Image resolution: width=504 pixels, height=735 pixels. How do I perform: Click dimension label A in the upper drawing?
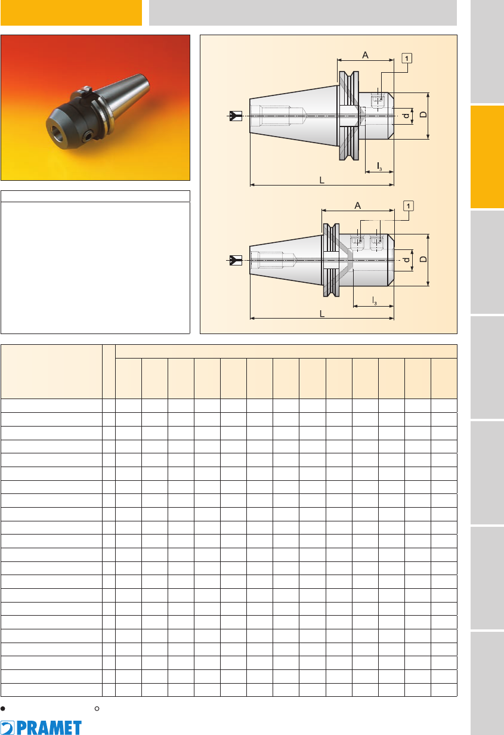point(365,55)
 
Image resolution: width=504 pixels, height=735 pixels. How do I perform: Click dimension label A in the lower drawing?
point(358,206)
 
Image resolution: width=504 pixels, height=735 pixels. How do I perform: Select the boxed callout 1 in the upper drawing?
point(407,58)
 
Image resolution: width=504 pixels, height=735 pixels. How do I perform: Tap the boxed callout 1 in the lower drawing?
point(408,206)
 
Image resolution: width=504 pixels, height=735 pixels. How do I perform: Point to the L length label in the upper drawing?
point(322,180)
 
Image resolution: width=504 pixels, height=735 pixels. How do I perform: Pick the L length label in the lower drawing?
point(322,314)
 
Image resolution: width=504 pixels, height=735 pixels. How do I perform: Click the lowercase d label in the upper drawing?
point(407,116)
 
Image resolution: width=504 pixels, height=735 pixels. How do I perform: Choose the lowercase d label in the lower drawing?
point(407,260)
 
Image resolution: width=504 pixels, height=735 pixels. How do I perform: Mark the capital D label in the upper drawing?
point(423,115)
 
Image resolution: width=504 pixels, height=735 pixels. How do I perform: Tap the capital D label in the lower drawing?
point(423,259)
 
